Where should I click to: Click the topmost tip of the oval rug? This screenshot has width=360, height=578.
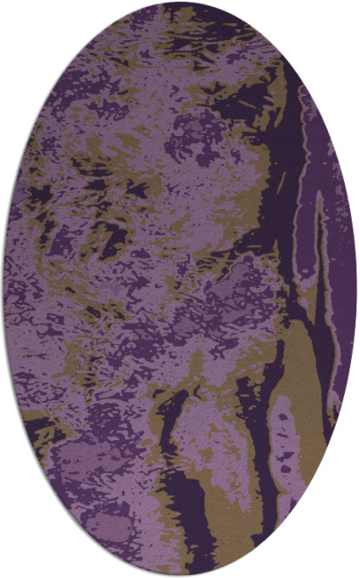click(180, 3)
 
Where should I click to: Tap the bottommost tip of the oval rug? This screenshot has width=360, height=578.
click(180, 575)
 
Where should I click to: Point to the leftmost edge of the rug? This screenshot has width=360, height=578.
click(4, 289)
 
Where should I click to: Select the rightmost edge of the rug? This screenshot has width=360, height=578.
click(356, 289)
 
